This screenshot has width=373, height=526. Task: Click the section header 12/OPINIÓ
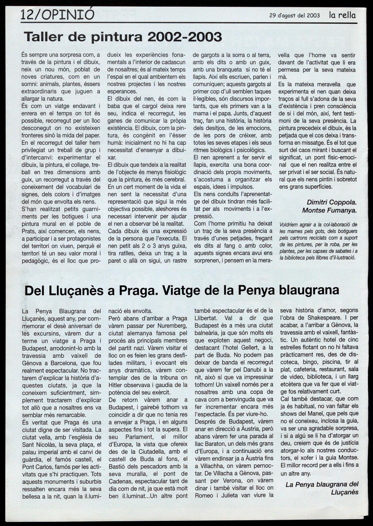coord(58,15)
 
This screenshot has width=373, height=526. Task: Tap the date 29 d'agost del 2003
coord(294,16)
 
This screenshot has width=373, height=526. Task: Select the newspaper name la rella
coord(342,15)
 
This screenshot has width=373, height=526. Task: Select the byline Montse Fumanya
coord(329,210)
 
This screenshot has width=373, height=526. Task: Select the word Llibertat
coord(206,318)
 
